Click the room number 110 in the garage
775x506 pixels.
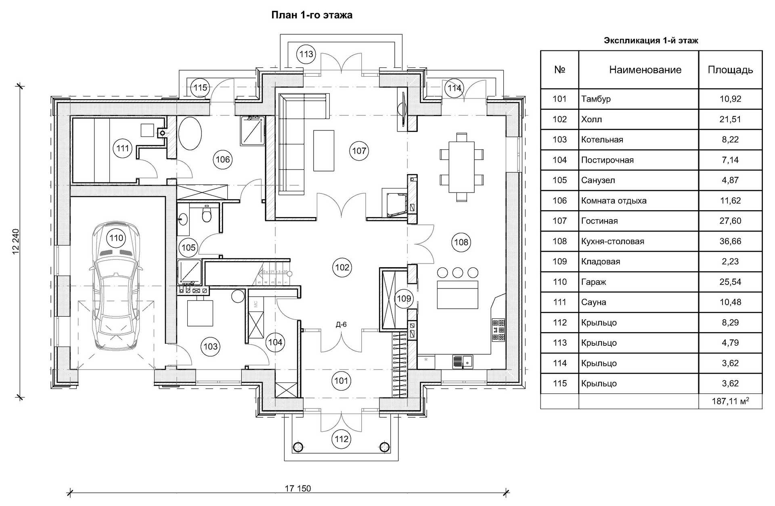[116, 238]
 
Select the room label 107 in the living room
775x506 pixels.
[359, 151]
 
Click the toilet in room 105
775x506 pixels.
[206, 215]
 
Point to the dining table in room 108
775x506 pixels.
[461, 167]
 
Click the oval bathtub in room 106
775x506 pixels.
[190, 133]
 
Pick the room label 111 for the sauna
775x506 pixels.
[122, 148]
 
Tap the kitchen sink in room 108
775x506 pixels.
[462, 362]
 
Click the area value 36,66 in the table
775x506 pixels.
[730, 241]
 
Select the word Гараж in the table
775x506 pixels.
[594, 282]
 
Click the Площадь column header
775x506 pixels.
[730, 70]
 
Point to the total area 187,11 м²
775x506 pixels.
[731, 401]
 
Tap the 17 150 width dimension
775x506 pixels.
[298, 489]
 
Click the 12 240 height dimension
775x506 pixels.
[16, 241]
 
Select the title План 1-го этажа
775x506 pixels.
[312, 15]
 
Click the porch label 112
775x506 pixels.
[341, 439]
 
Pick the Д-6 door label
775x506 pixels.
[341, 324]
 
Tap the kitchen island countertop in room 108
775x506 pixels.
[458, 295]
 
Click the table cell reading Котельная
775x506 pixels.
[602, 140]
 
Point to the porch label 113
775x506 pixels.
[306, 54]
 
